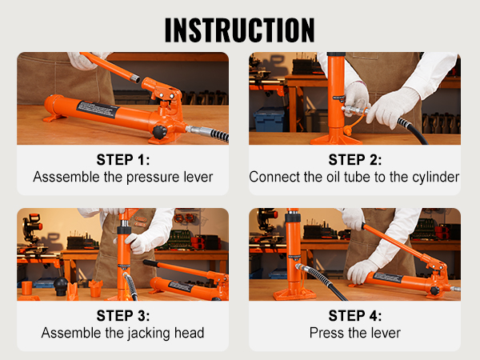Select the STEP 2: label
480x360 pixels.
354,159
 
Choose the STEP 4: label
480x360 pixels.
354,314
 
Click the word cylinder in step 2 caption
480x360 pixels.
435,177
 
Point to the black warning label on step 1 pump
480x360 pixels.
98,110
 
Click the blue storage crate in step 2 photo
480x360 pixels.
269,120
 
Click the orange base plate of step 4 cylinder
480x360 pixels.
294,294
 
